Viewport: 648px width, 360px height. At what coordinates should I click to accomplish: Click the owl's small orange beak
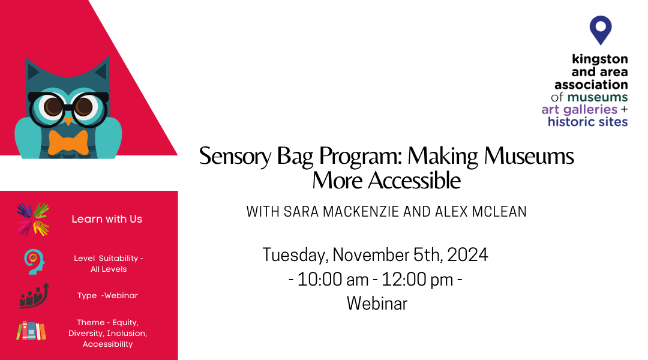[x=68, y=121]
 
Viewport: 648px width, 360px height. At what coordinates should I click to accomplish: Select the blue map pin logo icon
[x=601, y=30]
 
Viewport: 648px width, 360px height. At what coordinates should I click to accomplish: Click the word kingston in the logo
[x=599, y=59]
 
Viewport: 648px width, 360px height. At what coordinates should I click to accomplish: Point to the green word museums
[x=598, y=97]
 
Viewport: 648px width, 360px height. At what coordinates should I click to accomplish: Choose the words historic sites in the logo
[x=587, y=122]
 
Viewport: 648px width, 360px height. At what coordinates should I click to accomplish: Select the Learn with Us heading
[x=107, y=219]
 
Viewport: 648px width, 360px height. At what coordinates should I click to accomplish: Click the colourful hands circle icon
[x=32, y=219]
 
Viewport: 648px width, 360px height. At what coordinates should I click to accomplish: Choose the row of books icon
[x=31, y=331]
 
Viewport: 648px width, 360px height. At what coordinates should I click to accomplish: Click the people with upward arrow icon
[x=34, y=296]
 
